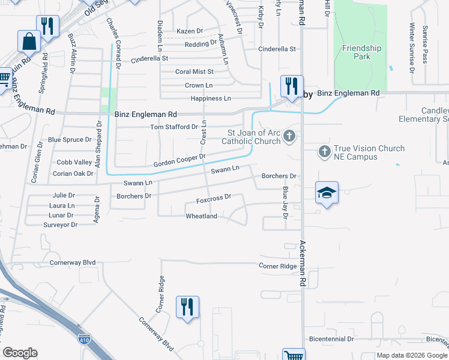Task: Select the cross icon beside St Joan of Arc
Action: pyautogui.click(x=289, y=136)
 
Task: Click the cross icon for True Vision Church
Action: pyautogui.click(x=325, y=152)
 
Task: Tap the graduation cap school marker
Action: pyautogui.click(x=327, y=193)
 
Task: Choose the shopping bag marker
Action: pyautogui.click(x=28, y=42)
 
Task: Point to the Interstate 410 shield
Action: pyautogui.click(x=83, y=340)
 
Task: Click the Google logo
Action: pyautogui.click(x=20, y=353)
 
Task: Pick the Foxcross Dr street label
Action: pyautogui.click(x=214, y=198)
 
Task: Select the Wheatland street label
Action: pyautogui.click(x=201, y=216)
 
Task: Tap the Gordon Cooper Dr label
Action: pyautogui.click(x=179, y=160)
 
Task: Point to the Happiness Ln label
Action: pyautogui.click(x=210, y=98)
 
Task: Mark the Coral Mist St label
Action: pyautogui.click(x=194, y=71)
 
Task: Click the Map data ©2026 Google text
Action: pyautogui.click(x=412, y=355)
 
